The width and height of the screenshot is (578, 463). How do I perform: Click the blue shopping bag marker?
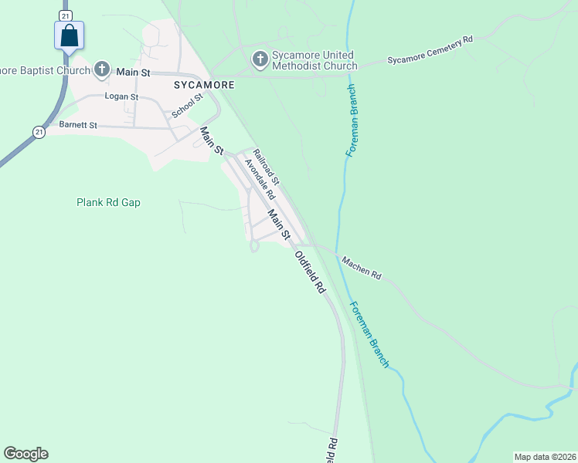pos(69,35)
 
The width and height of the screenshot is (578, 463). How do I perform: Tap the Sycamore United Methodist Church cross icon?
pos(260,58)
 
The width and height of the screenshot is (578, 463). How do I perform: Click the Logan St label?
pos(122,97)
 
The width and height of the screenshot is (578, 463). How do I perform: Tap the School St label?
pos(187,105)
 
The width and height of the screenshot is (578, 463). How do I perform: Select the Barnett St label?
pos(77,124)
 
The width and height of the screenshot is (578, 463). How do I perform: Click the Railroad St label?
pos(266,166)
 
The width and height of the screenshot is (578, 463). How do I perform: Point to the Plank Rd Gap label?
pos(108,202)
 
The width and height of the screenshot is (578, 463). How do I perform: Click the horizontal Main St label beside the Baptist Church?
pos(133,71)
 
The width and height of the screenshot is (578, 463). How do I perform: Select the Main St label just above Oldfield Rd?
pos(278,223)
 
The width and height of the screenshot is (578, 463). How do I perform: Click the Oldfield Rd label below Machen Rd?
pos(310,272)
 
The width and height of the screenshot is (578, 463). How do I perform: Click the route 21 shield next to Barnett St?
pos(39,133)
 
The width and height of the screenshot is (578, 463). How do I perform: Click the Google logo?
pos(25,454)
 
